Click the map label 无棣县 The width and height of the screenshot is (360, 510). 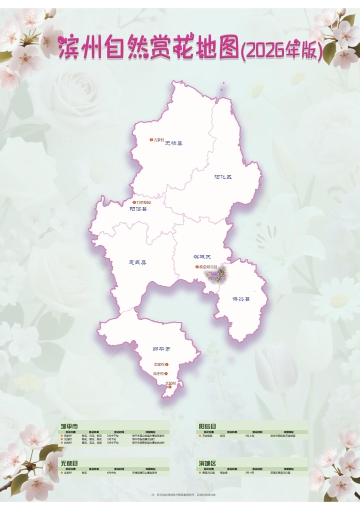coord(174,143)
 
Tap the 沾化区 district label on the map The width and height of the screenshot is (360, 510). coord(223,177)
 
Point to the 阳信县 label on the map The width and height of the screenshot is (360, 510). coord(138,209)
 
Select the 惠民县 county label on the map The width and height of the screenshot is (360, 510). coord(137,262)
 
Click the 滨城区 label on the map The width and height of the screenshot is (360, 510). coord(202,257)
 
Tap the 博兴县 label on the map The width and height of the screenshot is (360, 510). coord(241,299)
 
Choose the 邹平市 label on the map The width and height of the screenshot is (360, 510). coord(161,349)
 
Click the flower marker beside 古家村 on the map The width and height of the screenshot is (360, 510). coord(151,140)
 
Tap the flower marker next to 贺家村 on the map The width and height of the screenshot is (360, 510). coord(167,365)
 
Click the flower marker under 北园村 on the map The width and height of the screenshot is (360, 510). coord(170,386)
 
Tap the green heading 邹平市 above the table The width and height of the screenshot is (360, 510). coord(69,426)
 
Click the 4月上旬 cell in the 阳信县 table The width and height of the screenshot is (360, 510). coord(250,436)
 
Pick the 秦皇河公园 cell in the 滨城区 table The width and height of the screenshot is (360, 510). coord(209,472)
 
